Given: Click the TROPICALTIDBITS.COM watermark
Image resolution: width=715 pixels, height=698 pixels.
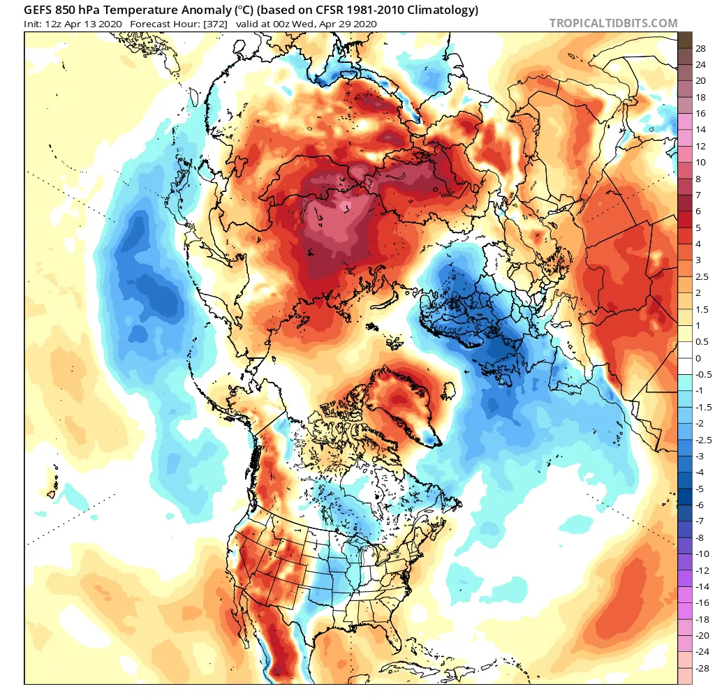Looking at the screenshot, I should point(613,23).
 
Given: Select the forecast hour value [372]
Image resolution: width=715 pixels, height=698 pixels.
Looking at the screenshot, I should point(214,24).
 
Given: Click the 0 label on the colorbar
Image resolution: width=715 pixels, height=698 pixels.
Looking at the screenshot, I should point(698,358).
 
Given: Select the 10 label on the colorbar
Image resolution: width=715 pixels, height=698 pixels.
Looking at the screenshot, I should point(700,162).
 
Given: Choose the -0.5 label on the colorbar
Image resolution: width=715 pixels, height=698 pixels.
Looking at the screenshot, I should point(703,374).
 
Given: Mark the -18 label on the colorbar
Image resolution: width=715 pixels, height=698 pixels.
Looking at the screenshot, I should point(702,619).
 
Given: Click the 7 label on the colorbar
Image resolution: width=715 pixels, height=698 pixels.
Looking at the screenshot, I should point(698,195).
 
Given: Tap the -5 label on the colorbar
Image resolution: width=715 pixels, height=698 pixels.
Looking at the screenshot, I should point(700,489).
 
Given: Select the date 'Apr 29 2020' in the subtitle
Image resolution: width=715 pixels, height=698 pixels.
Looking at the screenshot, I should point(346,24).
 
